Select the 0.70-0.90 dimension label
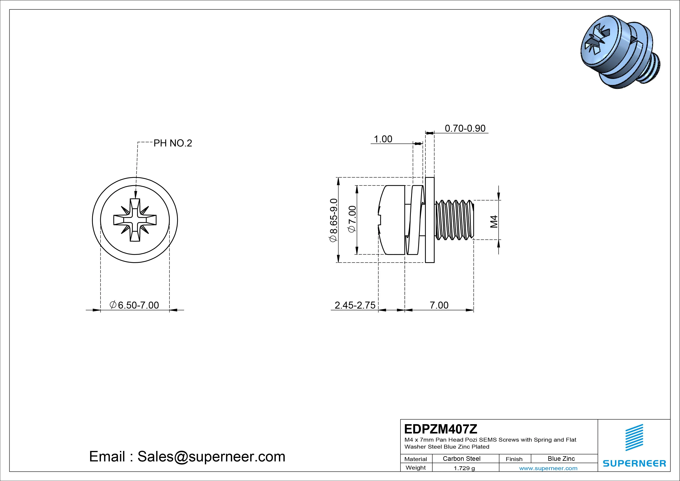tap(465, 128)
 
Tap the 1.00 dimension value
tap(383, 139)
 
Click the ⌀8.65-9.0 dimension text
tap(333, 220)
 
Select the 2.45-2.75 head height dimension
tap(355, 305)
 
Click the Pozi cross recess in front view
tap(135, 220)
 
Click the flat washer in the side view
tap(430, 220)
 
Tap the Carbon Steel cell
tap(461, 459)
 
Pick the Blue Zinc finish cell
tap(561, 459)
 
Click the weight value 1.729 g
tap(464, 468)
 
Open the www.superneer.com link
tap(548, 468)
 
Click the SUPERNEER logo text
tap(634, 463)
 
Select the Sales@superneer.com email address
tap(211, 456)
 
